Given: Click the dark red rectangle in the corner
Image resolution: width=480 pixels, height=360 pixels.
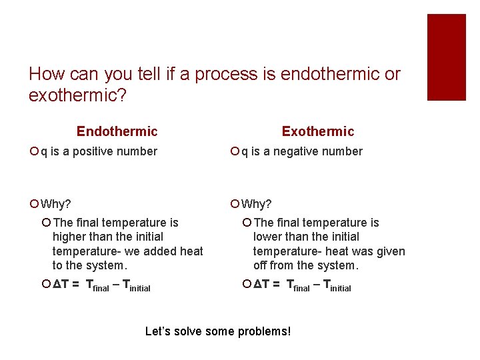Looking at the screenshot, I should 446,57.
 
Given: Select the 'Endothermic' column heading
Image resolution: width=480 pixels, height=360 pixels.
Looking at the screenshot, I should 117,131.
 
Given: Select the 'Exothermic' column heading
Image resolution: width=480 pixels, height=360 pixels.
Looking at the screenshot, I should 318,131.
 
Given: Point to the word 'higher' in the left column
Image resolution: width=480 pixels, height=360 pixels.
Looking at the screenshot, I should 70,237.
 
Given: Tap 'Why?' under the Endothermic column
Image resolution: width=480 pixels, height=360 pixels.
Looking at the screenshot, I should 56,203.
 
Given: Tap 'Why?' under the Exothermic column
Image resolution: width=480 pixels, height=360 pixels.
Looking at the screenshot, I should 257,203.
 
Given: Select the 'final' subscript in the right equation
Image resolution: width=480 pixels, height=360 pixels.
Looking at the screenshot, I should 301,288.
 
